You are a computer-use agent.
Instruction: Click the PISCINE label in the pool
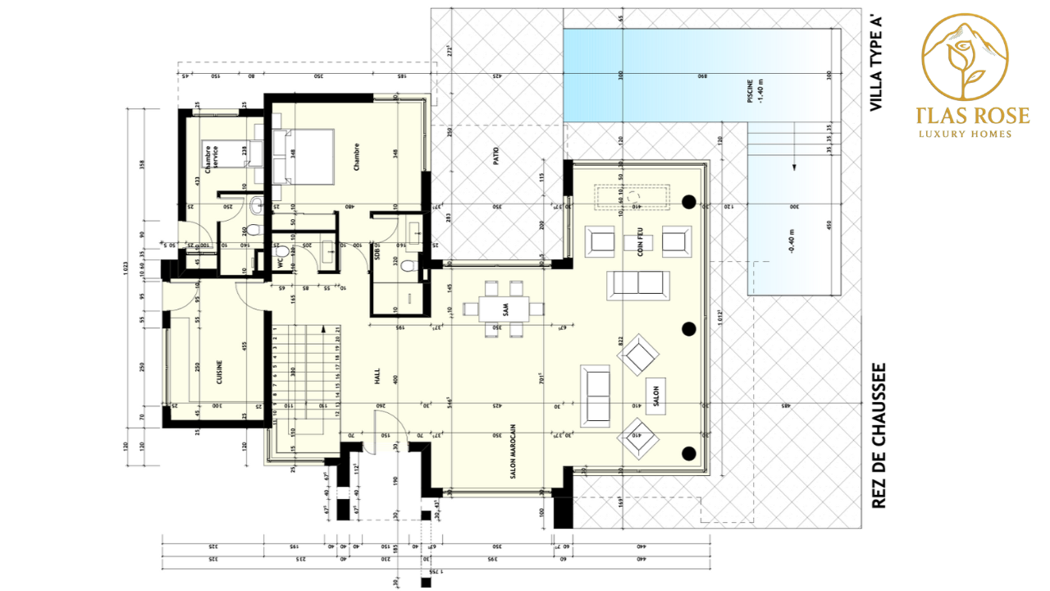pos(750,89)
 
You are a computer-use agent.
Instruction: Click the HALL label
pos(377,377)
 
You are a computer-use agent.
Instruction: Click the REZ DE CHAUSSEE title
pos(879,436)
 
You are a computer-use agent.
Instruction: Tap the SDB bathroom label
pos(377,254)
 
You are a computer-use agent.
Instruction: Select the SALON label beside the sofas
pos(655,392)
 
